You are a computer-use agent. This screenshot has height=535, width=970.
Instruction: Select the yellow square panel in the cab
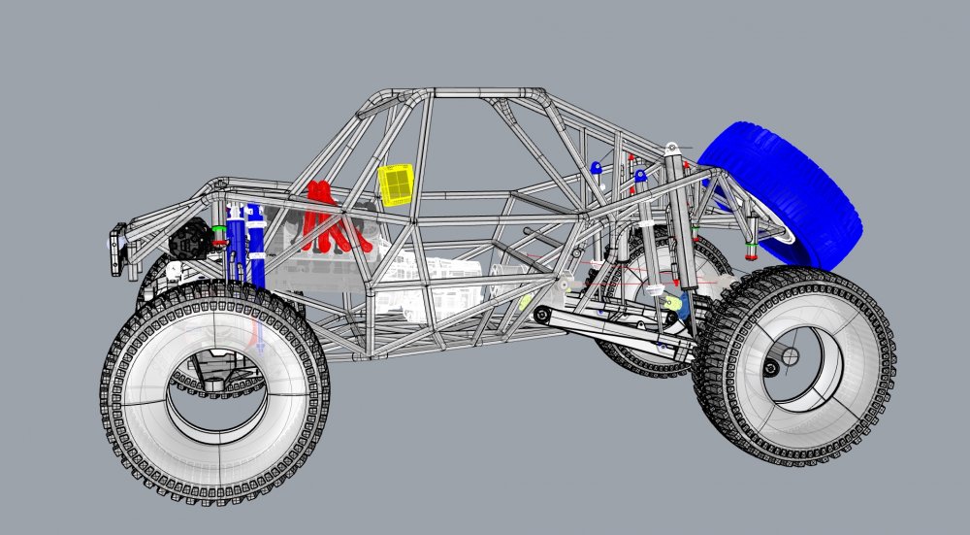click(x=396, y=184)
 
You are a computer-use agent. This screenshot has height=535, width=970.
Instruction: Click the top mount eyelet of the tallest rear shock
click(x=670, y=149)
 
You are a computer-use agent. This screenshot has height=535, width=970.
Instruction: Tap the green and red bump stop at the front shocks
click(x=219, y=233)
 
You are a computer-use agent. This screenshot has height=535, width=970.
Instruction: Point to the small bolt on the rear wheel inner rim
click(x=773, y=367)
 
